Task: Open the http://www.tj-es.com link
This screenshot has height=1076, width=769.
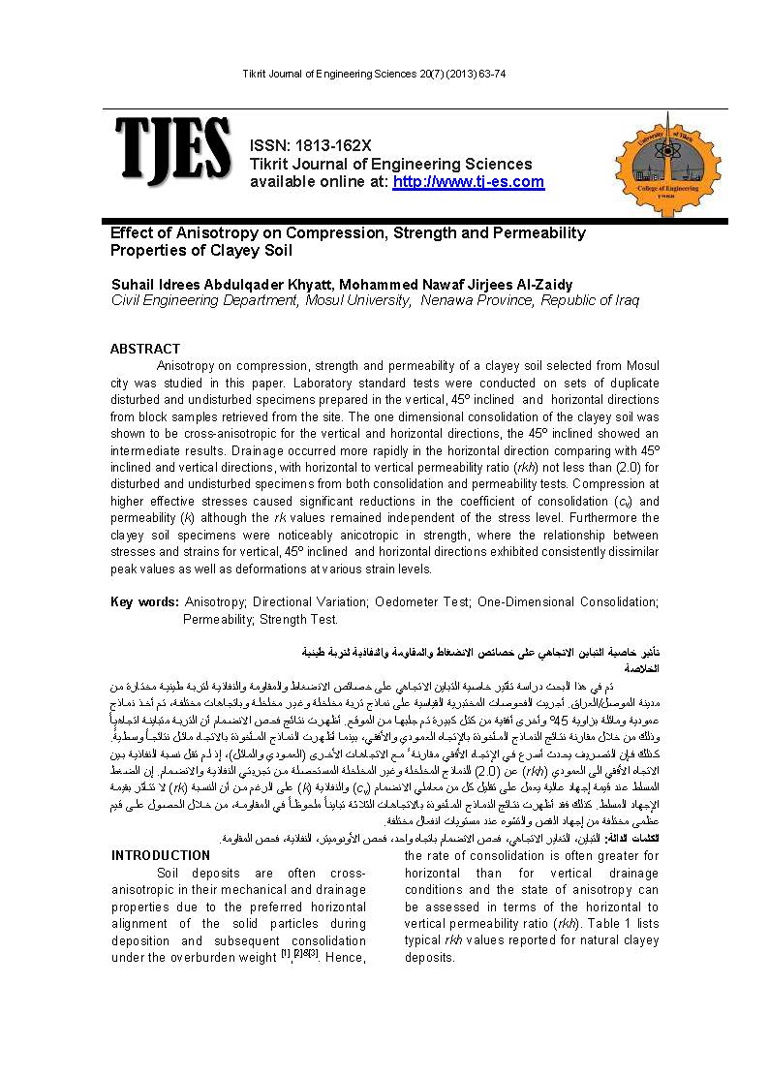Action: click(469, 182)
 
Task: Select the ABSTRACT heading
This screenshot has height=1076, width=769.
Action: click(145, 349)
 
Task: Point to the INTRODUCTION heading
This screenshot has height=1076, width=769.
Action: click(161, 855)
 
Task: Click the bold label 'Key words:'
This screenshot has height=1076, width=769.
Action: click(144, 602)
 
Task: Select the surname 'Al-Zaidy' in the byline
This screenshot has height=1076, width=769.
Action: click(539, 285)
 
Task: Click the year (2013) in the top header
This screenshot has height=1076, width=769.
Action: click(447, 76)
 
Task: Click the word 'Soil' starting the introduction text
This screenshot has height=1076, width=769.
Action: click(170, 873)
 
